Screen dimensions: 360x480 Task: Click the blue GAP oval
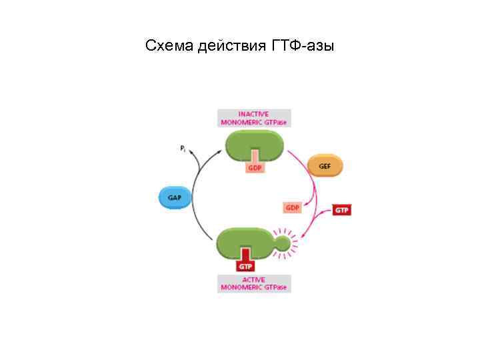pyautogui.click(x=175, y=198)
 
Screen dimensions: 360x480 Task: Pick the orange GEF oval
pyautogui.click(x=325, y=166)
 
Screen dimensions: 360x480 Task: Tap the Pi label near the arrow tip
pyautogui.click(x=183, y=149)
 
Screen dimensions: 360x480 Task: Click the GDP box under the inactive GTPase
pyautogui.click(x=255, y=168)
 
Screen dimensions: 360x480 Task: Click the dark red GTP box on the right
pyautogui.click(x=341, y=211)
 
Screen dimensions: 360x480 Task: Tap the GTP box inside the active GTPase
pyautogui.click(x=245, y=266)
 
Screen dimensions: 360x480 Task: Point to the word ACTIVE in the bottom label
pyautogui.click(x=253, y=279)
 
